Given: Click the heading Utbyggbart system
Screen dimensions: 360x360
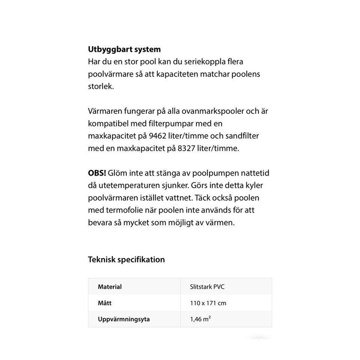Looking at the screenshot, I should pos(124,50).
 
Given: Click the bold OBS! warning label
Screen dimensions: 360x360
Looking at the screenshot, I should pos(96,173).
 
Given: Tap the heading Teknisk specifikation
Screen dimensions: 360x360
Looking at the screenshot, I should pos(126,260).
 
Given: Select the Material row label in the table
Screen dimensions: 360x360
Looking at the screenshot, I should pos(110,287).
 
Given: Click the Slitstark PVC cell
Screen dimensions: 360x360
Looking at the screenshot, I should pos(210,287).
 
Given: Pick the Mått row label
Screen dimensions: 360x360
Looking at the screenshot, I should pos(105,303).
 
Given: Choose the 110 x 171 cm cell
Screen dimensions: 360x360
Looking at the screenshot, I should pos(208,303).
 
